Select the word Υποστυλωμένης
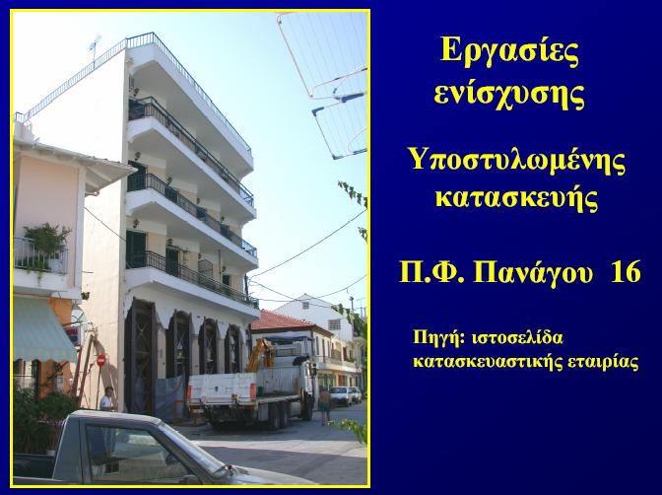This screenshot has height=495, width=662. (x=517, y=163)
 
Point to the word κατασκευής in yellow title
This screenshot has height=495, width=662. (x=517, y=199)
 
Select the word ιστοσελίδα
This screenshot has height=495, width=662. (x=517, y=338)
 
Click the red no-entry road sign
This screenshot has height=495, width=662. (x=101, y=361)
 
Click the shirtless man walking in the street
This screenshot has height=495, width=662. (x=325, y=405)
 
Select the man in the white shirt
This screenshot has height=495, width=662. (x=107, y=398)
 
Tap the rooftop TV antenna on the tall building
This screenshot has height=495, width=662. (x=95, y=47)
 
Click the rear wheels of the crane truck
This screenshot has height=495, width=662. (x=280, y=415)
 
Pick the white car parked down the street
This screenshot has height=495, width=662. (x=341, y=395)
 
